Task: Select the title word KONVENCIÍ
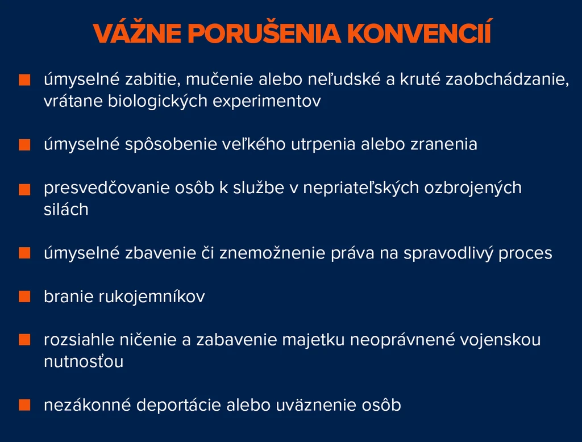tap(419, 32)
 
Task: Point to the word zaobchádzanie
tap(507, 80)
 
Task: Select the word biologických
tap(157, 101)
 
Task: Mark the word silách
tap(66, 209)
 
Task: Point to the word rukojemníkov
tap(151, 297)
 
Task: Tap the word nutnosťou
tap(84, 361)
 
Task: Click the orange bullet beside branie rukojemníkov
tap(24, 297)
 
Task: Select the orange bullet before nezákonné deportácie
tap(24, 405)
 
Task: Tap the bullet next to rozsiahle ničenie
tap(24, 340)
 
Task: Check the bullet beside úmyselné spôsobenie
tap(24, 145)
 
